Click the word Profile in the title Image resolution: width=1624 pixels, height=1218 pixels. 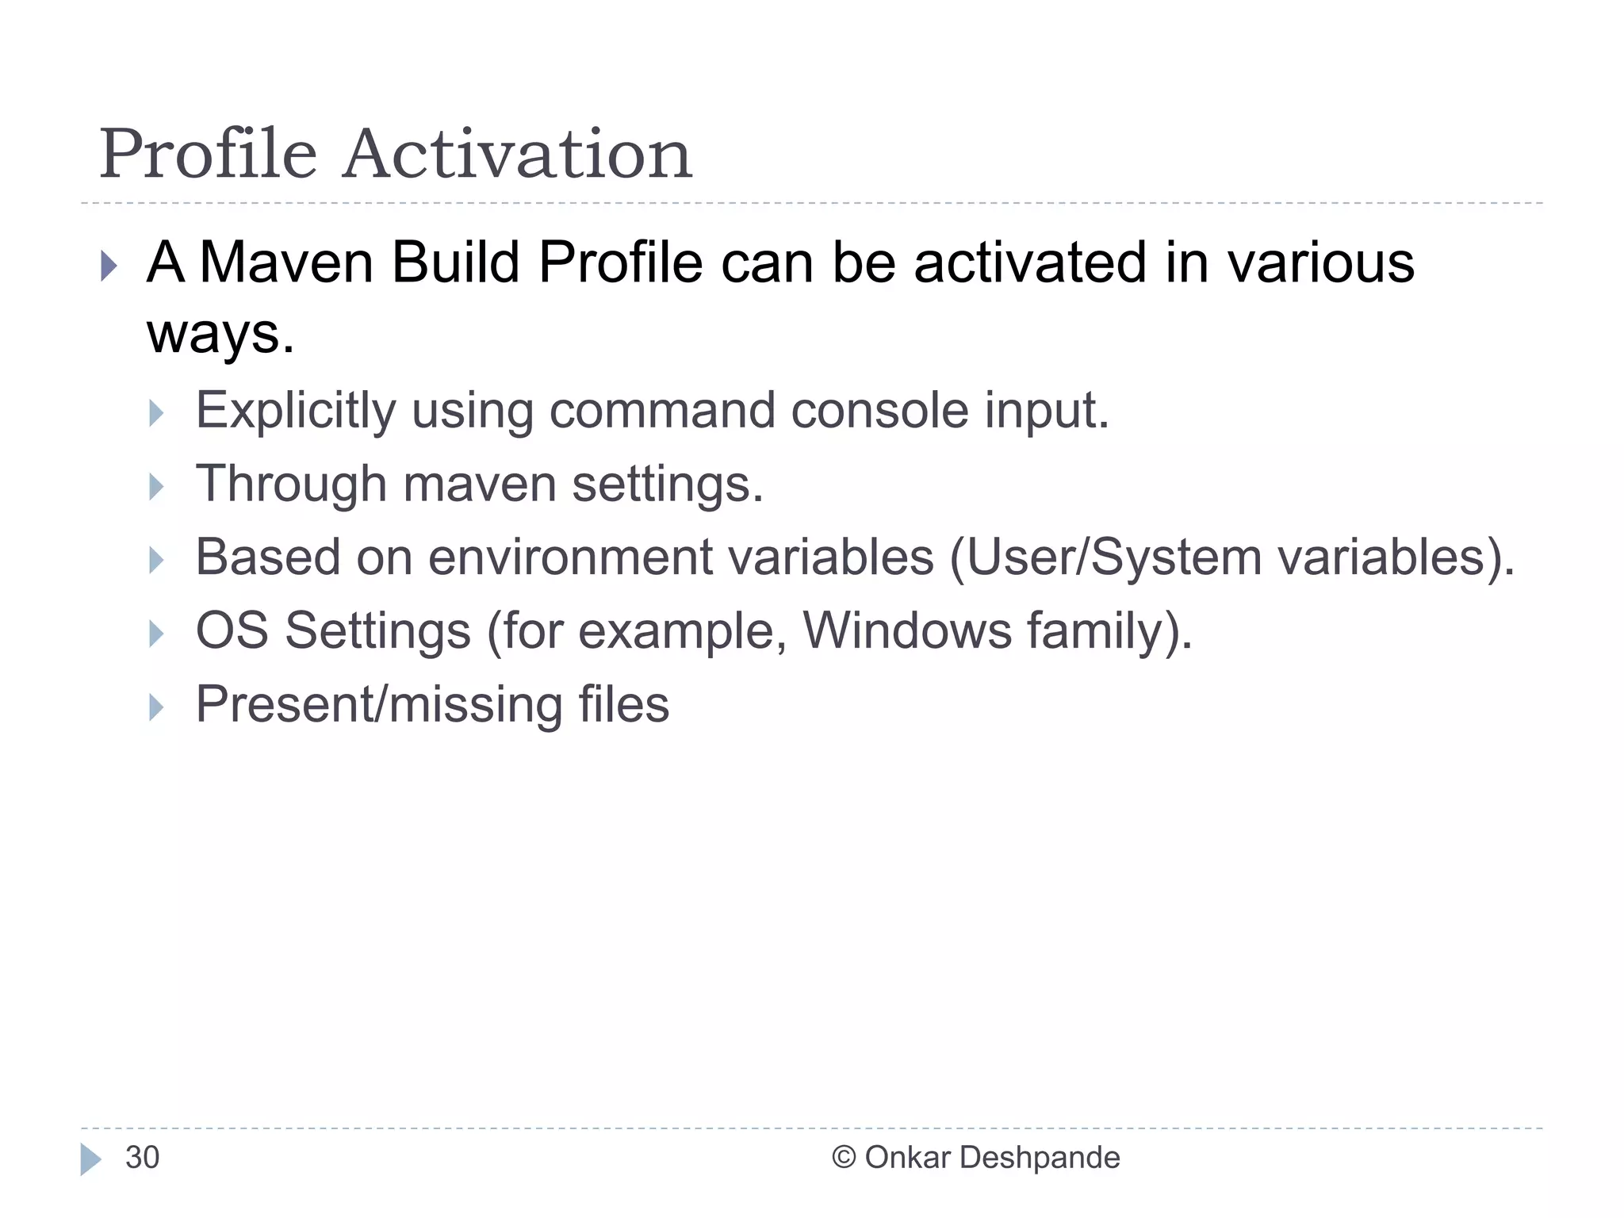[x=208, y=155]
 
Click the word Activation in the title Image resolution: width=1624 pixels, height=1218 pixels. [x=518, y=155]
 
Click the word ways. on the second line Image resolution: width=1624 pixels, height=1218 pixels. [x=220, y=335]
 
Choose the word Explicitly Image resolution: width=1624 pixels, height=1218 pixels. [x=296, y=411]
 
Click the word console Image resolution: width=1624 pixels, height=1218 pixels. [x=879, y=411]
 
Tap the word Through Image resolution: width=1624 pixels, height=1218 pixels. [x=291, y=484]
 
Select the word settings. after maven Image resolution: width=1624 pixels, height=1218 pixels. [x=668, y=484]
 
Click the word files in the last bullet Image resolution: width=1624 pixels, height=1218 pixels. [x=623, y=704]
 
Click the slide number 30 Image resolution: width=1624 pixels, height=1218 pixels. [x=143, y=1158]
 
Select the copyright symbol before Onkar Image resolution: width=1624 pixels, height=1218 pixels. [x=844, y=1158]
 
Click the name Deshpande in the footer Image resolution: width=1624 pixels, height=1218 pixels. [x=1040, y=1158]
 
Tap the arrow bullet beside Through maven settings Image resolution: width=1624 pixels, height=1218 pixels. [x=156, y=487]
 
